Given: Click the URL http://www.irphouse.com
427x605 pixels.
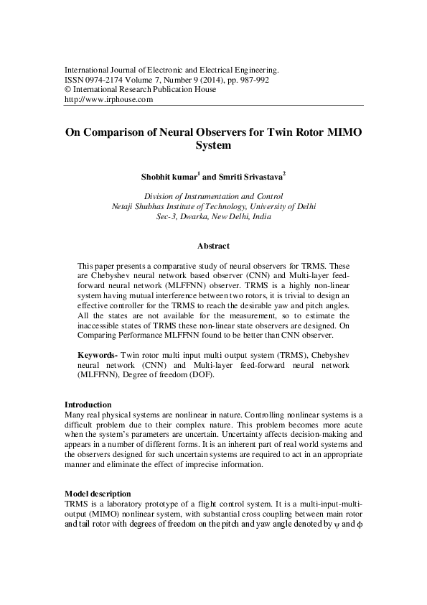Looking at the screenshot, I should (109, 100).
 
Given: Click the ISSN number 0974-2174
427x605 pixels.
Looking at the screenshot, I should (106, 80).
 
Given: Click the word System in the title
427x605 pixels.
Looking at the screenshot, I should (213, 145).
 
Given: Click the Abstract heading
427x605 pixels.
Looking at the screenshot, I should (213, 246).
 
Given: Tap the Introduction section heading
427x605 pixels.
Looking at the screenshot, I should (88, 405).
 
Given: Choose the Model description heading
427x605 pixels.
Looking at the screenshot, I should (98, 494).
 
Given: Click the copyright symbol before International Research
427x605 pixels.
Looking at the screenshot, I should (68, 90).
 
